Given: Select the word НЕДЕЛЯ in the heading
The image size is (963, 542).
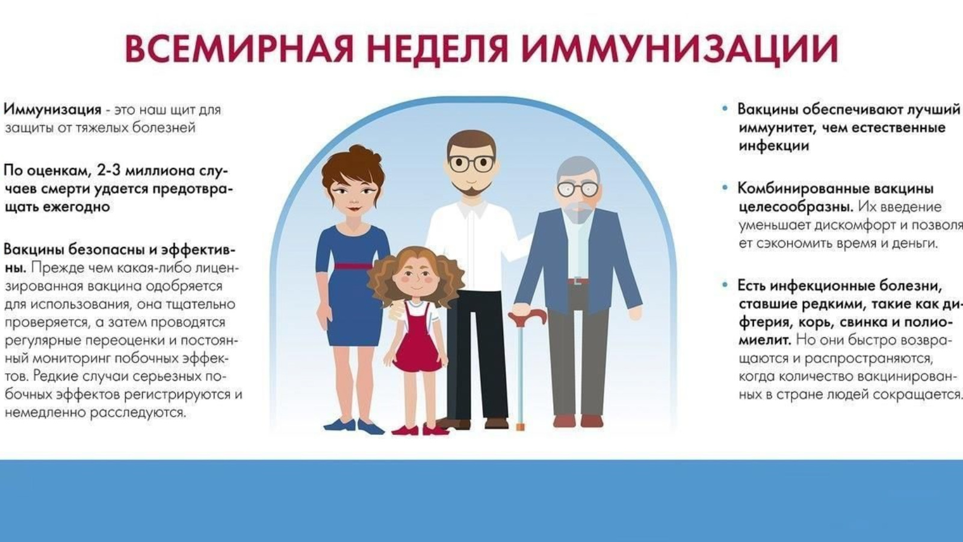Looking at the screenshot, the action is pyautogui.click(x=437, y=50).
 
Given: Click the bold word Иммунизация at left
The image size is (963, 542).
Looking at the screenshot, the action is pyautogui.click(x=52, y=110).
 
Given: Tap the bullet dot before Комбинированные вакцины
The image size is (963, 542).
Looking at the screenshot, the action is pyautogui.click(x=726, y=187).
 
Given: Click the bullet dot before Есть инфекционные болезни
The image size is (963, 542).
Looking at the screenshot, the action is pyautogui.click(x=726, y=285).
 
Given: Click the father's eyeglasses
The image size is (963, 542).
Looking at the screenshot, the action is pyautogui.click(x=471, y=163).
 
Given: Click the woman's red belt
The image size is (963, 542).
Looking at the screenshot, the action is pyautogui.click(x=353, y=266).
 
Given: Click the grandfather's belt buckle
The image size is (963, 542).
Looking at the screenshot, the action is pyautogui.click(x=577, y=281).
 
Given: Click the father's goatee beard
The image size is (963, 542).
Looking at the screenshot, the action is pyautogui.click(x=471, y=190).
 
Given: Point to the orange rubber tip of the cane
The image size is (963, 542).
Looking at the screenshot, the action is pyautogui.click(x=521, y=427).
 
